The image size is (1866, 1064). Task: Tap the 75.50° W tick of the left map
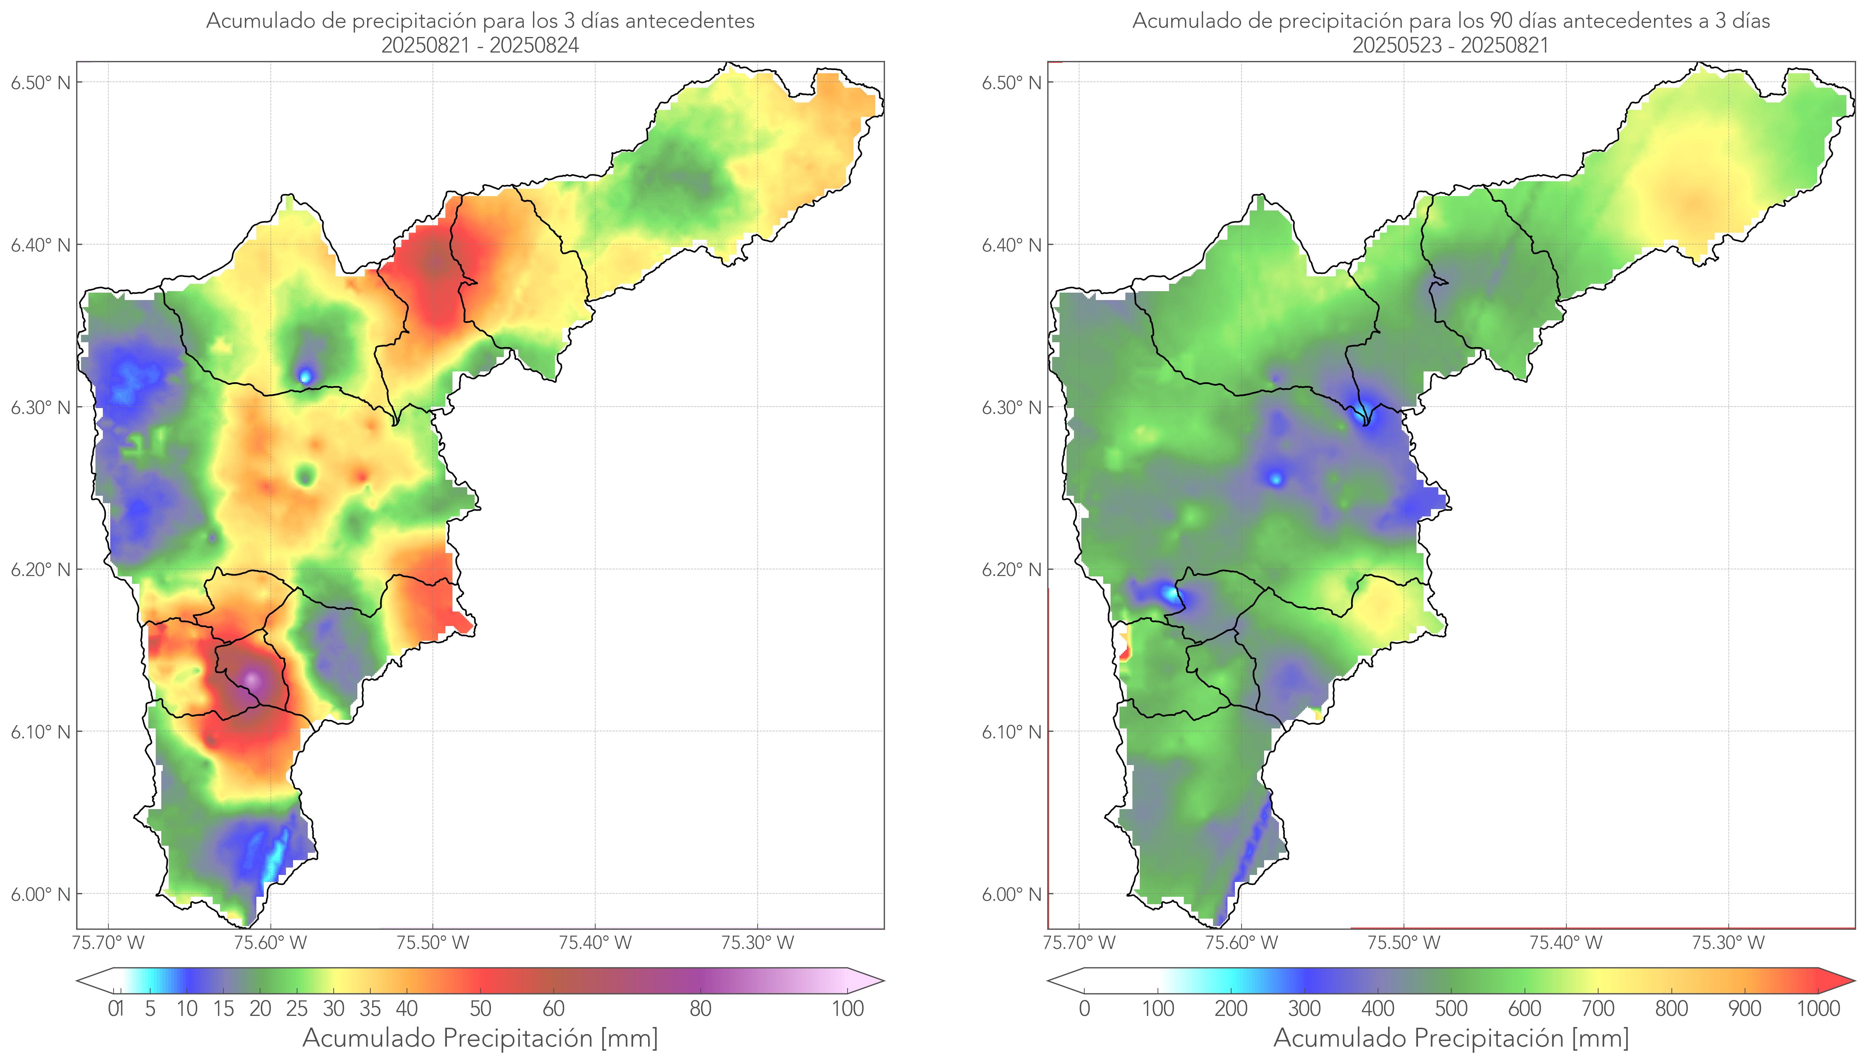[432, 943]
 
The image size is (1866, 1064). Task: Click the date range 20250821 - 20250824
[480, 45]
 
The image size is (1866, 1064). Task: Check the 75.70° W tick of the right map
[1079, 943]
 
